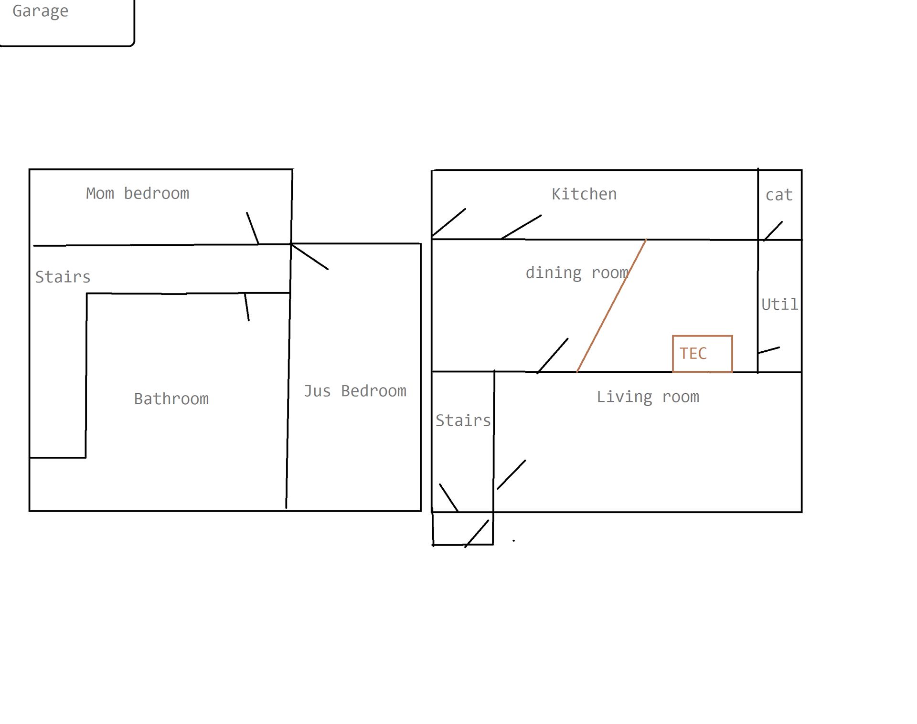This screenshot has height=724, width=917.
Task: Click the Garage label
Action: coord(40,11)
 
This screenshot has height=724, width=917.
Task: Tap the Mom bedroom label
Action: coord(138,193)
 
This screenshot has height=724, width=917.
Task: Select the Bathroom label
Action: coord(171,399)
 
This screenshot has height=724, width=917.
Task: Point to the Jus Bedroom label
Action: coord(355,391)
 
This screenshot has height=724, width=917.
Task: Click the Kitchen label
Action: coord(584,194)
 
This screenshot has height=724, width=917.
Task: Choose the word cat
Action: coord(778,195)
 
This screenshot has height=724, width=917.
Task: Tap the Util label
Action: coord(779,304)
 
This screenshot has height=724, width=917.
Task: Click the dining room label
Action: coord(577,273)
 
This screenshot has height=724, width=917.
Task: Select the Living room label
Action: coord(647,397)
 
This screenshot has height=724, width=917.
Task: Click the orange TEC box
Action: coord(702,354)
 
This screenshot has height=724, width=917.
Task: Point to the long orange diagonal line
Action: coord(611,305)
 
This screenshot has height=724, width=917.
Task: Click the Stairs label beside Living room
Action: coord(462,420)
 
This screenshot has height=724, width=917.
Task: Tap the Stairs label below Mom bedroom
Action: coord(63,277)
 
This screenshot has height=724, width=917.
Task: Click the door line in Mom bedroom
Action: coord(253,228)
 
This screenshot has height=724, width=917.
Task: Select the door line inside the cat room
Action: coord(773,231)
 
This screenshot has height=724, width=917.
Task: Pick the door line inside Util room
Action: coord(768,350)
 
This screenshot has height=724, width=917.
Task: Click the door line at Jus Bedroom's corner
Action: coord(309,257)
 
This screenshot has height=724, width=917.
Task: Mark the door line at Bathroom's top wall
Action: coord(247,307)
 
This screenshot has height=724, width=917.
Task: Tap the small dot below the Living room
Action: coord(513,541)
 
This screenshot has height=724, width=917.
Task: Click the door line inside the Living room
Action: coord(511,475)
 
